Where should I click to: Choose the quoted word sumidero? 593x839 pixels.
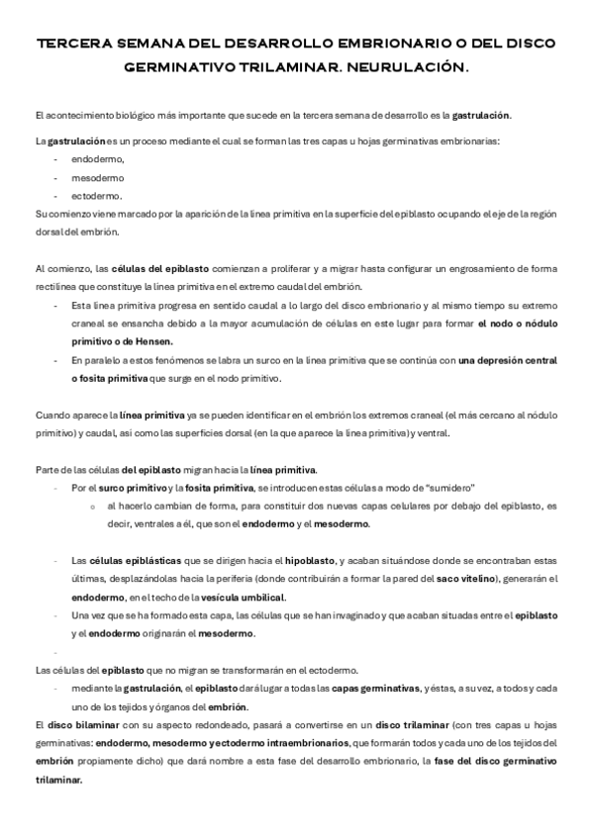click(x=448, y=488)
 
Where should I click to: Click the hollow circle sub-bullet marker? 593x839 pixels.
click(x=91, y=506)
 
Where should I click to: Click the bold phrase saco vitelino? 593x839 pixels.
click(x=463, y=578)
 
